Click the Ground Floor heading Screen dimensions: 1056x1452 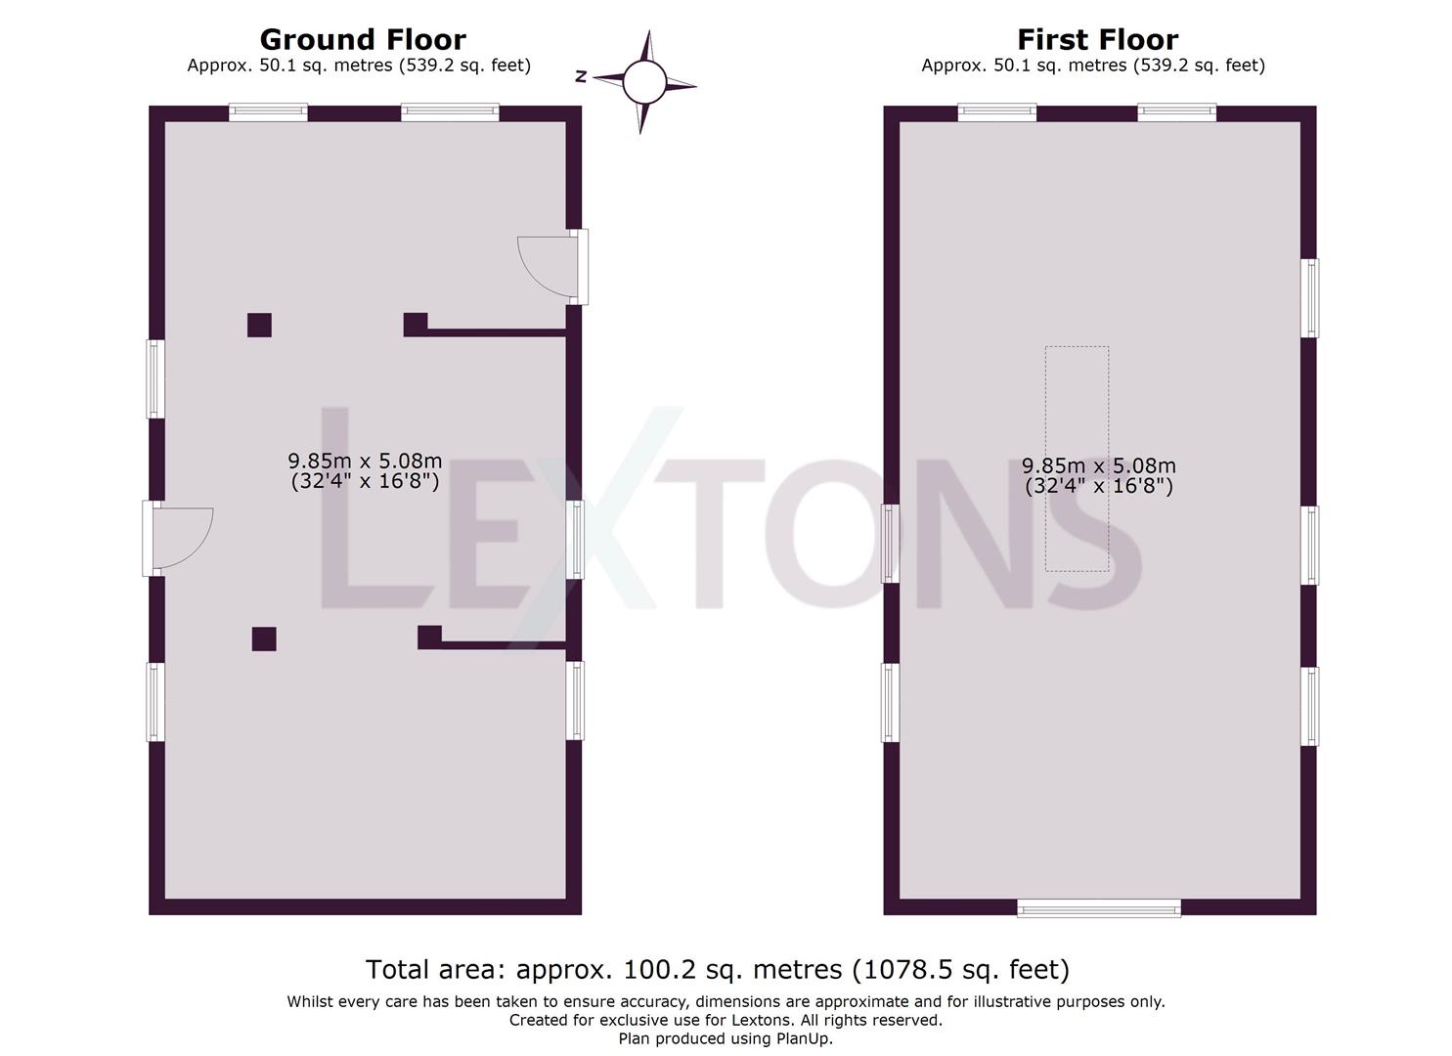(363, 40)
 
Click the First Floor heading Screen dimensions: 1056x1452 (1097, 40)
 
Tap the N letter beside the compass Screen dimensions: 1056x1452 (581, 76)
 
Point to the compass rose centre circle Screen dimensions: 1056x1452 (643, 82)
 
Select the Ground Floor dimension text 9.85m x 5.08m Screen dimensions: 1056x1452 (365, 462)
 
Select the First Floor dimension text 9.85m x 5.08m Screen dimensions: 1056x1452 (1098, 466)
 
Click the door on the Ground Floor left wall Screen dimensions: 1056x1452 (178, 538)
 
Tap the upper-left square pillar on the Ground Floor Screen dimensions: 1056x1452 (259, 325)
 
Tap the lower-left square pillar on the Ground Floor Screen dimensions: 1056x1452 (264, 638)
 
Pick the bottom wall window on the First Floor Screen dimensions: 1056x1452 (1098, 908)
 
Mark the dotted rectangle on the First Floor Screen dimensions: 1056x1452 (1077, 459)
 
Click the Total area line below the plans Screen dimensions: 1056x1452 (718, 969)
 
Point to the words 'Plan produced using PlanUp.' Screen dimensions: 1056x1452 (726, 1038)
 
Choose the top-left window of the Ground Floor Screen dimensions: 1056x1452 (268, 112)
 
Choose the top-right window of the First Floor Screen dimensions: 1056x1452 (1176, 112)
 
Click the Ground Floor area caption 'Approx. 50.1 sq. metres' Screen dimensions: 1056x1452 (359, 66)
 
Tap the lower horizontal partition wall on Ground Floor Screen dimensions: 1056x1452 (503, 645)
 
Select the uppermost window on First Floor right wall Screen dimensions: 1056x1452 (1309, 298)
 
